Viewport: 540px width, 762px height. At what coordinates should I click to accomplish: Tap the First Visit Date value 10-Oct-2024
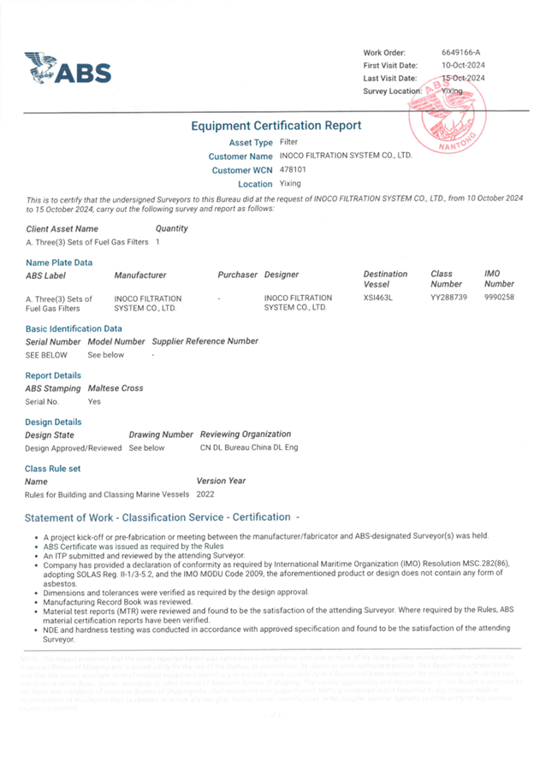click(463, 65)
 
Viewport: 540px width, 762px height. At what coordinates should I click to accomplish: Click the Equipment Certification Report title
click(276, 126)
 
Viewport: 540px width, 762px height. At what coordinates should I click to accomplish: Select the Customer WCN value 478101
click(292, 170)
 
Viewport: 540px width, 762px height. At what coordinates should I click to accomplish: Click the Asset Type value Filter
click(288, 142)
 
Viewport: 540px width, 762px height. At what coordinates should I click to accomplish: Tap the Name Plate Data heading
click(59, 263)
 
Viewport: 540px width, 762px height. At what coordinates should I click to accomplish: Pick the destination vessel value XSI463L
click(377, 298)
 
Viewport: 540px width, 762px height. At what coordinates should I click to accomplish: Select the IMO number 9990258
click(499, 298)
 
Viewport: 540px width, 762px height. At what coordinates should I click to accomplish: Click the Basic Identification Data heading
click(74, 328)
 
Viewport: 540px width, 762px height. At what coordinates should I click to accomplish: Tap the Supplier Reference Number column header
click(205, 341)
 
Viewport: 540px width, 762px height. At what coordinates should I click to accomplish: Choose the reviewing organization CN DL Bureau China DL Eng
click(248, 447)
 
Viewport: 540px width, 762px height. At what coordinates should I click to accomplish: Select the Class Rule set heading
click(53, 469)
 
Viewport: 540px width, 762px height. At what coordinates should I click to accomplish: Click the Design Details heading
click(54, 422)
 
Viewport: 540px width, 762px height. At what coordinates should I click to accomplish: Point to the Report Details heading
click(54, 375)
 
